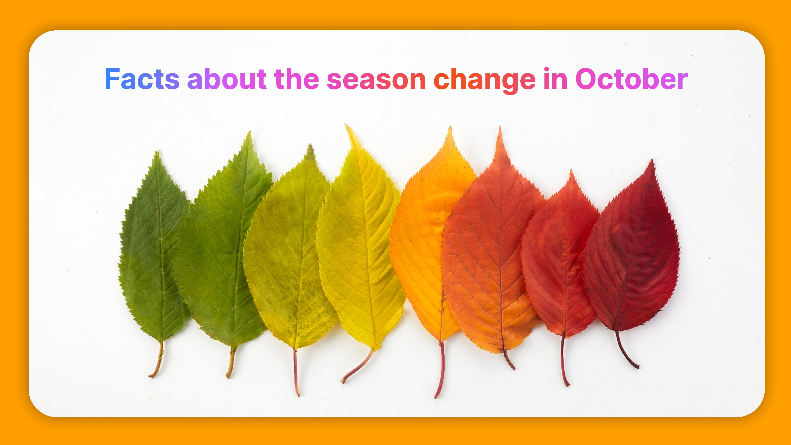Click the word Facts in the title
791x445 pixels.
point(142,79)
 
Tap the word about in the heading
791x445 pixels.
point(227,79)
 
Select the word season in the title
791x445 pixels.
point(376,80)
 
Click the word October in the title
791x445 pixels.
point(632,79)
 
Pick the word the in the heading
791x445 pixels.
point(296,79)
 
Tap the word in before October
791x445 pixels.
point(555,79)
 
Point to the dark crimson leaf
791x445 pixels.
point(633,253)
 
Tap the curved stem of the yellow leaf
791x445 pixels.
point(358,368)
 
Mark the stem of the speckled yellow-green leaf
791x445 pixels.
point(296,371)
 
